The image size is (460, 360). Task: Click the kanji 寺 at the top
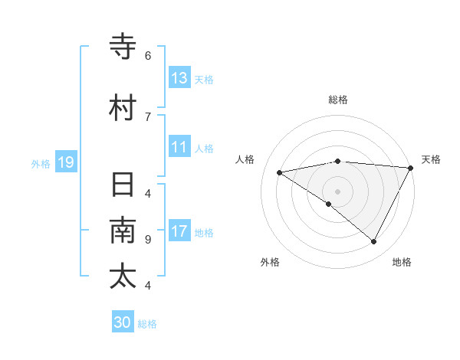tap(123, 47)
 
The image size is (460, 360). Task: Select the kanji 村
tap(123, 107)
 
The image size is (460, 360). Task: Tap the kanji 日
tap(123, 185)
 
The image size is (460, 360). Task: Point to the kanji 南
tap(123, 231)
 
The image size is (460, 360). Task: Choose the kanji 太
tap(123, 276)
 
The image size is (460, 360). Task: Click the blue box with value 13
tap(179, 77)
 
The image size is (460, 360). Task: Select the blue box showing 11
tap(179, 148)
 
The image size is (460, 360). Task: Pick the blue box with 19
tap(66, 162)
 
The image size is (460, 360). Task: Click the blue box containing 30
tap(123, 322)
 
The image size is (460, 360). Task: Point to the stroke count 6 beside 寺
tap(148, 56)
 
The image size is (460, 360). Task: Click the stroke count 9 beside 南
tap(148, 240)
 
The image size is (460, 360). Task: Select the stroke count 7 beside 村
tap(148, 116)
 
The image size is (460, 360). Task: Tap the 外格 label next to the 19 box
tap(41, 163)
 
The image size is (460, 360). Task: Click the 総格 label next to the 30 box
tap(147, 324)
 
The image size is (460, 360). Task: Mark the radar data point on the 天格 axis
tap(411, 168)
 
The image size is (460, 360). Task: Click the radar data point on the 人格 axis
tap(280, 172)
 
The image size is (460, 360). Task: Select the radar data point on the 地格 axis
tap(374, 242)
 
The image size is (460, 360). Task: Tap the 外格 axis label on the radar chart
tap(270, 262)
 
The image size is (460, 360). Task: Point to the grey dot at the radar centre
tap(337, 191)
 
